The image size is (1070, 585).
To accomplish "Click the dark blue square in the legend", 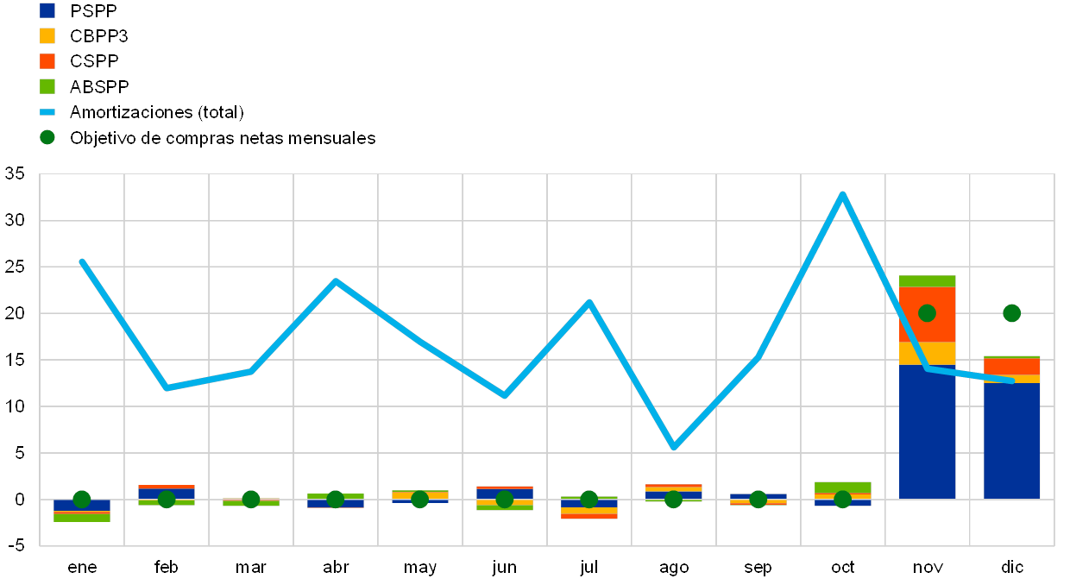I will pos(47,10).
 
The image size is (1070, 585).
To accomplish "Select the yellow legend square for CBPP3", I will pos(47,36).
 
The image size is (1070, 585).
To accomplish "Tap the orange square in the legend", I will pos(47,61).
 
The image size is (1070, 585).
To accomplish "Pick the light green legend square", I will pos(47,86).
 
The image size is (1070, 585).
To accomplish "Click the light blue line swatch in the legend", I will pos(47,112).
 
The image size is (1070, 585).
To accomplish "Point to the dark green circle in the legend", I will pos(47,137).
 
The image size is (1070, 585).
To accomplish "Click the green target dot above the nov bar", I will pos(927,313).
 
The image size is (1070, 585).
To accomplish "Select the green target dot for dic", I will pos(1011,313).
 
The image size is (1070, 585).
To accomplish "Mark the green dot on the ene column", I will pos(82,499).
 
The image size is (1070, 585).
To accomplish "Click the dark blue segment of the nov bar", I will pos(927,431).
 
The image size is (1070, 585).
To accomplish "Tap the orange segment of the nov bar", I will pos(927,315).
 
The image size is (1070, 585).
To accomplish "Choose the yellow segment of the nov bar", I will pos(927,354).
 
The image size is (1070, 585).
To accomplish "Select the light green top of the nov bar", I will pos(927,281).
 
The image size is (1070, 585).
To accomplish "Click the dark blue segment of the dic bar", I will pos(1011,440).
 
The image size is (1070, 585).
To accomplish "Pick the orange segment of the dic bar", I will pos(1011,367).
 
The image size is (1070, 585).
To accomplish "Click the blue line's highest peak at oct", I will pos(842,194).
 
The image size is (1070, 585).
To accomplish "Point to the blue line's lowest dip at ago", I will pos(673,447).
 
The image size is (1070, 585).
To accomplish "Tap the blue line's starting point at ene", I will pos(82,261).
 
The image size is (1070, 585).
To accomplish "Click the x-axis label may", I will pos(420,568).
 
